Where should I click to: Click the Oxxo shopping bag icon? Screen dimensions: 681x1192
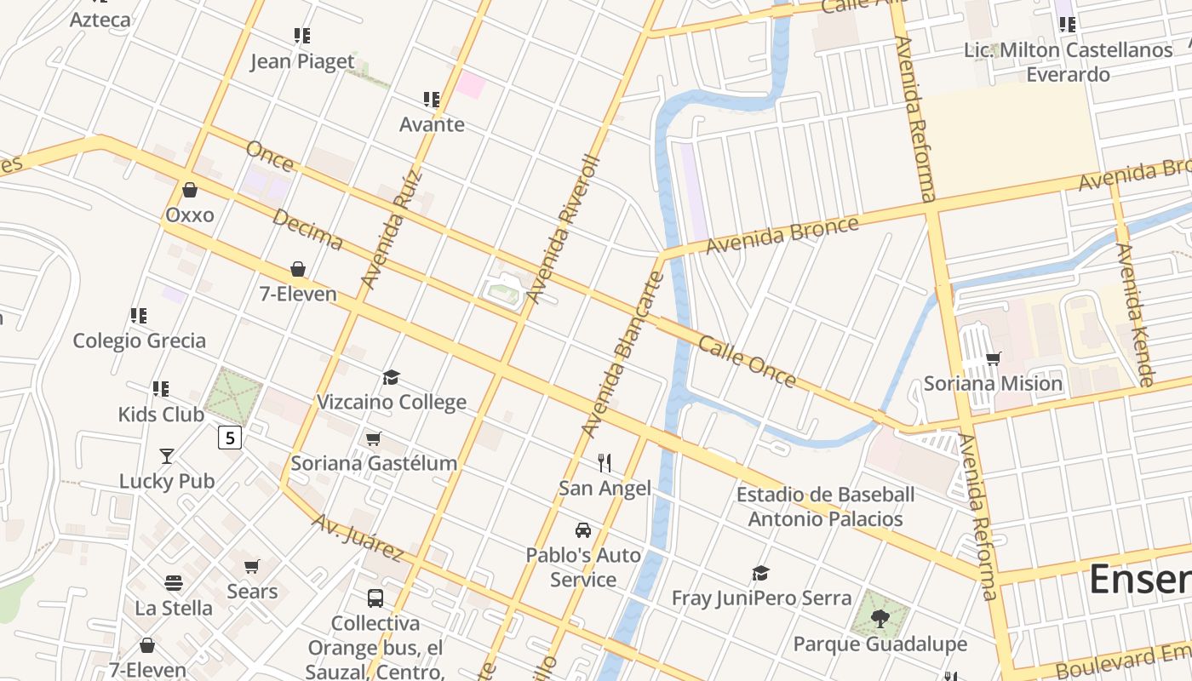(190, 190)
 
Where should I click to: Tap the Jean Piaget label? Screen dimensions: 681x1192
(302, 61)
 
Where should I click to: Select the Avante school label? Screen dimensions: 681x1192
(433, 124)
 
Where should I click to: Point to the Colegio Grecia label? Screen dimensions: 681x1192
(140, 340)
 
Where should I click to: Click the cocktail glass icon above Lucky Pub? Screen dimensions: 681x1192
(167, 456)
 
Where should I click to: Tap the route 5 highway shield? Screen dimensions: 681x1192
(230, 438)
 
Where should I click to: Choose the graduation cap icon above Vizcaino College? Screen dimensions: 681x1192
(392, 377)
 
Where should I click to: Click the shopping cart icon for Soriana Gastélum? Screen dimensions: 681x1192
(374, 439)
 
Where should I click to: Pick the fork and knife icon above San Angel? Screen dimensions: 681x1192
(605, 463)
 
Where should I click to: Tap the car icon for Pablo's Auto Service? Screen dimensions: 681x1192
(583, 530)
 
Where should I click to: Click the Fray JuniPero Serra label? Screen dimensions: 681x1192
(761, 598)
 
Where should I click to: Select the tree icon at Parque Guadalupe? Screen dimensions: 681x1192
(880, 619)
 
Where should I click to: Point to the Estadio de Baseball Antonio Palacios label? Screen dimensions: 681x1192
(825, 506)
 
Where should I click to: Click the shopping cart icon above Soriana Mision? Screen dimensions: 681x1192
(993, 359)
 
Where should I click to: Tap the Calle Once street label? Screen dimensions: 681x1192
(747, 362)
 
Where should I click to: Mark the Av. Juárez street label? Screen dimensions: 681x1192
(357, 537)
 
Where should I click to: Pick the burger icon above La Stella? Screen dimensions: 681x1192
(174, 584)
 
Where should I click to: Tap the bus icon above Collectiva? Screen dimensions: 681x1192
(375, 598)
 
